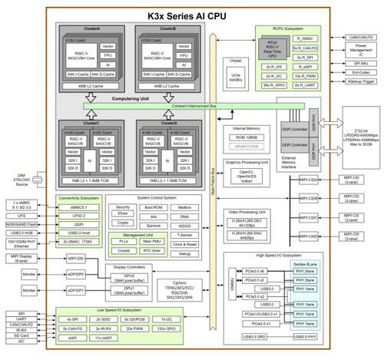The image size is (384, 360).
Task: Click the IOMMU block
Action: pyautogui.click(x=236, y=289)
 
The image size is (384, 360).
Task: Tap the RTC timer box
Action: pyautogui.click(x=153, y=250)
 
